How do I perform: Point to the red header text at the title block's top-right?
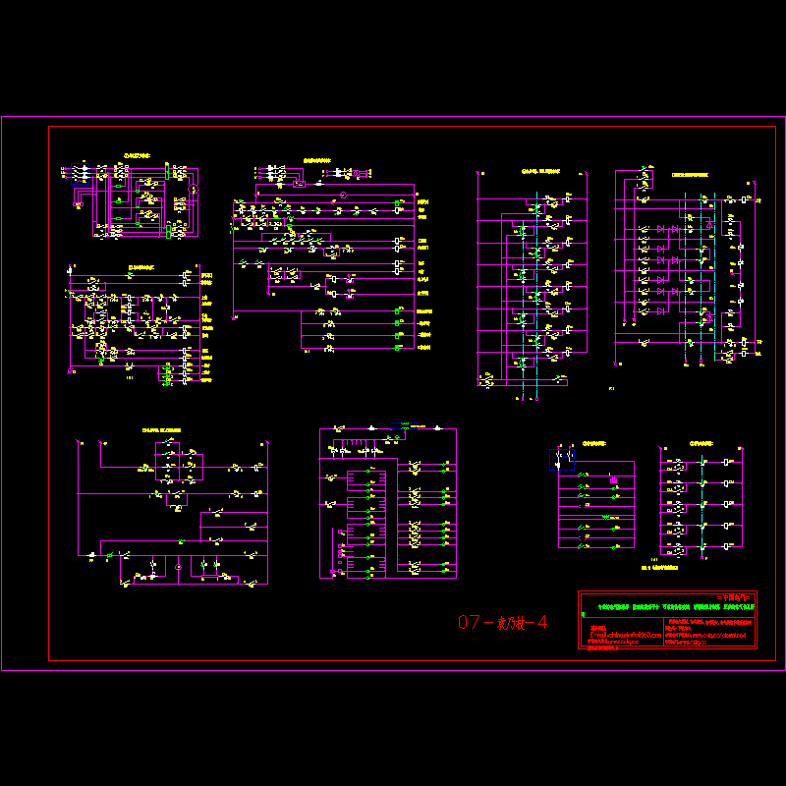coord(733,597)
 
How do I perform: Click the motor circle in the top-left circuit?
coord(194,188)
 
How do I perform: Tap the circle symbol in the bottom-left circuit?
coord(177,567)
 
